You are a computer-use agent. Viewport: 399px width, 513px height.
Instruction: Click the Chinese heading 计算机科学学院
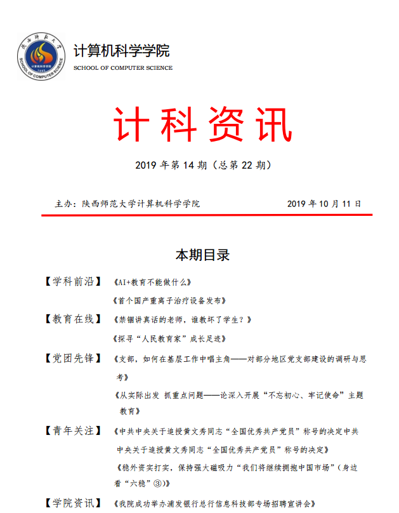click(x=122, y=51)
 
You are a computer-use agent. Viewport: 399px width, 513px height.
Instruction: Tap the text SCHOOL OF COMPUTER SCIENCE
click(x=123, y=68)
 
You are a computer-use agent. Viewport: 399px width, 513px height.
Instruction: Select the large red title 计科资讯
click(x=203, y=124)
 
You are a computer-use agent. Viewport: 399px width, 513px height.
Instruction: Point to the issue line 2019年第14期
click(x=203, y=166)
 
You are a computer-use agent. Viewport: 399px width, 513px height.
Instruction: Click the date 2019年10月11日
click(x=324, y=204)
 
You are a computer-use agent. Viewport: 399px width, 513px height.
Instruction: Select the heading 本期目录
click(x=202, y=255)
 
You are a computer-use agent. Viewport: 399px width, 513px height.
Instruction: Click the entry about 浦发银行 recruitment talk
click(x=213, y=503)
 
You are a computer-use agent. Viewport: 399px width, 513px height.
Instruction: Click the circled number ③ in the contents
click(x=154, y=483)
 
